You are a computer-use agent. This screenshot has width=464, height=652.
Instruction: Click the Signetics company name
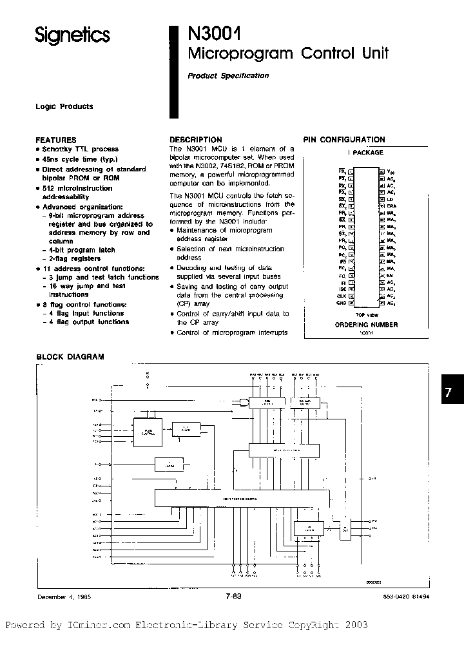[x=72, y=36]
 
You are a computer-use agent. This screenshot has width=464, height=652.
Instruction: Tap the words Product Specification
[x=228, y=75]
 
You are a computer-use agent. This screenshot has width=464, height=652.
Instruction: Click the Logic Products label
[x=64, y=106]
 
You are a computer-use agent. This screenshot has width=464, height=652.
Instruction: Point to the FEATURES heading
[x=55, y=140]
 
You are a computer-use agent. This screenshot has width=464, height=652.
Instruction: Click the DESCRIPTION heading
[x=195, y=139]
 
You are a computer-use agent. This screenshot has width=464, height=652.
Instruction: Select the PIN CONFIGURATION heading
[x=344, y=139]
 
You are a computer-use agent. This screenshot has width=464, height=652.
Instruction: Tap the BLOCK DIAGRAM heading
[x=70, y=356]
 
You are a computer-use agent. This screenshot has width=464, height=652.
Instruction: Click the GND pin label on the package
[x=342, y=302]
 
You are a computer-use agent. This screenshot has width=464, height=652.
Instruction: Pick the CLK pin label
[x=342, y=295]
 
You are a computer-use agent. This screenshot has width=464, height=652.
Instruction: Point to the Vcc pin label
[x=391, y=172]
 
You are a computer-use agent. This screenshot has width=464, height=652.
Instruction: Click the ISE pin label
[x=342, y=289]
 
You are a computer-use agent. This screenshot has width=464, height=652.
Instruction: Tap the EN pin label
[x=391, y=274]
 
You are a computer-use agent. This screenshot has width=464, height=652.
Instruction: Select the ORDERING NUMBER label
[x=366, y=325]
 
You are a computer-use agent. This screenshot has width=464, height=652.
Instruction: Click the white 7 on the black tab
[x=452, y=393]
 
